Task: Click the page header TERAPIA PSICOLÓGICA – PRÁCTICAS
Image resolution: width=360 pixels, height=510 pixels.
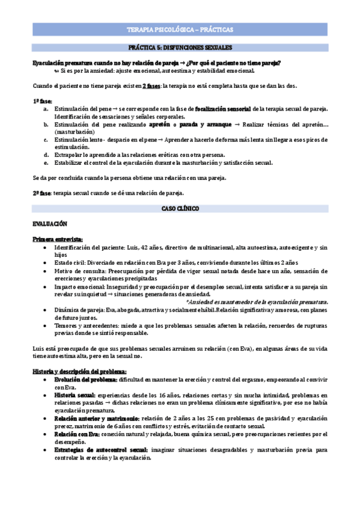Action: [180, 29]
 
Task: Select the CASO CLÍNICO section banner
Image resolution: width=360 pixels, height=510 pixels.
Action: [180, 207]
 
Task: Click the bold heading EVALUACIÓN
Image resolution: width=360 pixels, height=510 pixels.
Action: [50, 223]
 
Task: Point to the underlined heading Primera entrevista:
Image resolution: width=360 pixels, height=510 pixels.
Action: [58, 239]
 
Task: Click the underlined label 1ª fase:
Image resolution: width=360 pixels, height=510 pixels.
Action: [43, 100]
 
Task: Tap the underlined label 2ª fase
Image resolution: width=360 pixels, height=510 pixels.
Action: [42, 193]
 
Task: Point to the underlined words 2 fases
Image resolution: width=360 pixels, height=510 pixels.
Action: [151, 85]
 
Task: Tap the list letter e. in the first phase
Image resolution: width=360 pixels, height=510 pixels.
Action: [46, 162]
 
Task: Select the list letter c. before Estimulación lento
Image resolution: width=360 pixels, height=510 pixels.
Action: [46, 139]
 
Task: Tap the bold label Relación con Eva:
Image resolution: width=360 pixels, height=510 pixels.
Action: [76, 433]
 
